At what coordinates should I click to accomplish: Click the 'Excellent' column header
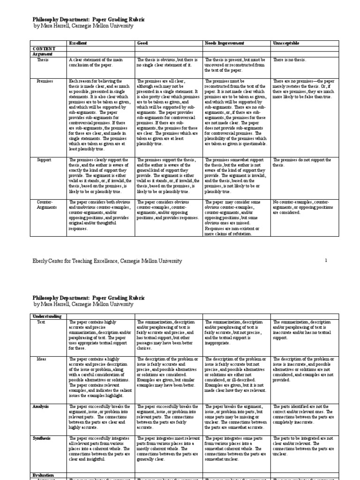point(78,43)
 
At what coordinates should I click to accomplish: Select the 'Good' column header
point(142,43)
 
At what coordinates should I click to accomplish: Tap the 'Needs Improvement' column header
point(224,43)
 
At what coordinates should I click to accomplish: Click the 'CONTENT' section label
point(44,49)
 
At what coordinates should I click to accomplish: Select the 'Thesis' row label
point(43,60)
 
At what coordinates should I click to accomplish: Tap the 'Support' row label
point(44,160)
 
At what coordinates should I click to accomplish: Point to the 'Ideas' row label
point(42,359)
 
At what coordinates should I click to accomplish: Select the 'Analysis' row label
point(41,393)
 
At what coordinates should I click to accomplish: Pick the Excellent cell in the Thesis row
point(98,62)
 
